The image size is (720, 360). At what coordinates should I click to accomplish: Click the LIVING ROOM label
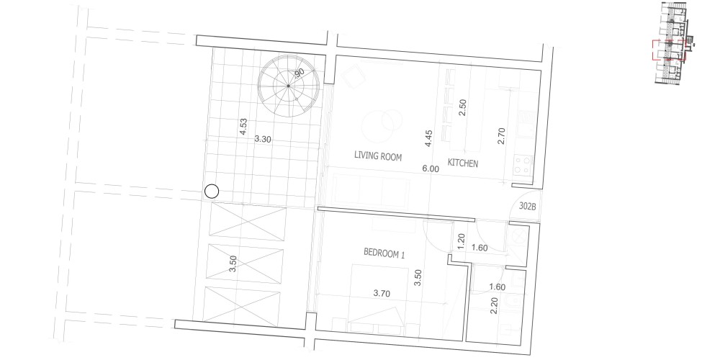click(378, 156)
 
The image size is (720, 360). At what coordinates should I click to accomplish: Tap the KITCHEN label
click(463, 163)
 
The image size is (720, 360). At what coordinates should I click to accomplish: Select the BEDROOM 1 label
click(384, 252)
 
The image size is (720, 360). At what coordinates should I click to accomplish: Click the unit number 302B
click(528, 206)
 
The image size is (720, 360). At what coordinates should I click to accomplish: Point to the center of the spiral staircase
click(289, 86)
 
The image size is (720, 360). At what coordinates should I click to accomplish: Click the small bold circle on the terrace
click(212, 192)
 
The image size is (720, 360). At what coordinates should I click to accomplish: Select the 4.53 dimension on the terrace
click(243, 127)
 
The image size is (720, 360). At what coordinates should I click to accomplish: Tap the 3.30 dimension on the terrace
click(263, 139)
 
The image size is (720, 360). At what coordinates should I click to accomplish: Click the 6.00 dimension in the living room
click(431, 169)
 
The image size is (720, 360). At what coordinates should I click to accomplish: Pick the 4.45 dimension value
click(428, 138)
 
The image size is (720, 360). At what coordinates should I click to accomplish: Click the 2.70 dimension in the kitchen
click(501, 136)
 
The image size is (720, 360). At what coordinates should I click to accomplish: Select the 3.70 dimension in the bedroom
click(382, 294)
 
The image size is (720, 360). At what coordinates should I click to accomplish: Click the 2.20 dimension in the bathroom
click(494, 306)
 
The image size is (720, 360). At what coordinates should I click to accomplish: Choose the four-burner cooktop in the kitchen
click(523, 165)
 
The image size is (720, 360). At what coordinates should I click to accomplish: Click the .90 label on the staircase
click(299, 73)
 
